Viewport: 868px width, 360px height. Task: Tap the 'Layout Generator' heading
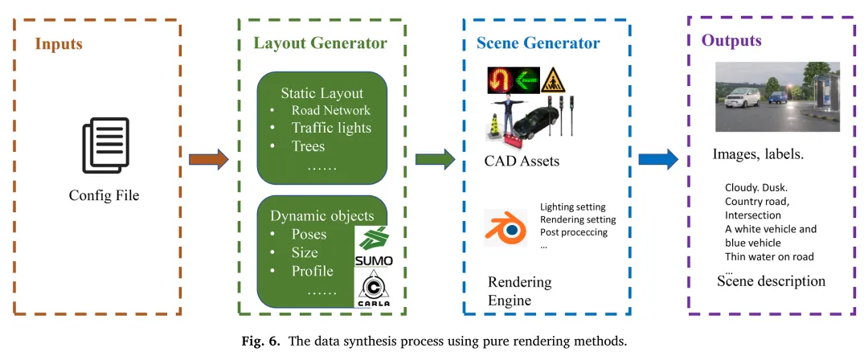point(320,43)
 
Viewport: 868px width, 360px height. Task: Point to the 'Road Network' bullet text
point(331,111)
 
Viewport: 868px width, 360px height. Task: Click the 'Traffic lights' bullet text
point(331,128)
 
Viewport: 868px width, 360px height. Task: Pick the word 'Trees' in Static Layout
point(308,145)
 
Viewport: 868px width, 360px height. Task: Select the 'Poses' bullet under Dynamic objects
point(309,234)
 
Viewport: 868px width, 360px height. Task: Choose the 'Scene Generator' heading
point(539,43)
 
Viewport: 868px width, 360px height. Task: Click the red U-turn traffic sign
point(502,80)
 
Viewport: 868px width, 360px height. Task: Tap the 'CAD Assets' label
point(522,162)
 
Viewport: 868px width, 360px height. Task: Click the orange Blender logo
point(505,227)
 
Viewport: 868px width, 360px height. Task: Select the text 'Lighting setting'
point(578,207)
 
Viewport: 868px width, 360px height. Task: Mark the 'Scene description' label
point(771,281)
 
